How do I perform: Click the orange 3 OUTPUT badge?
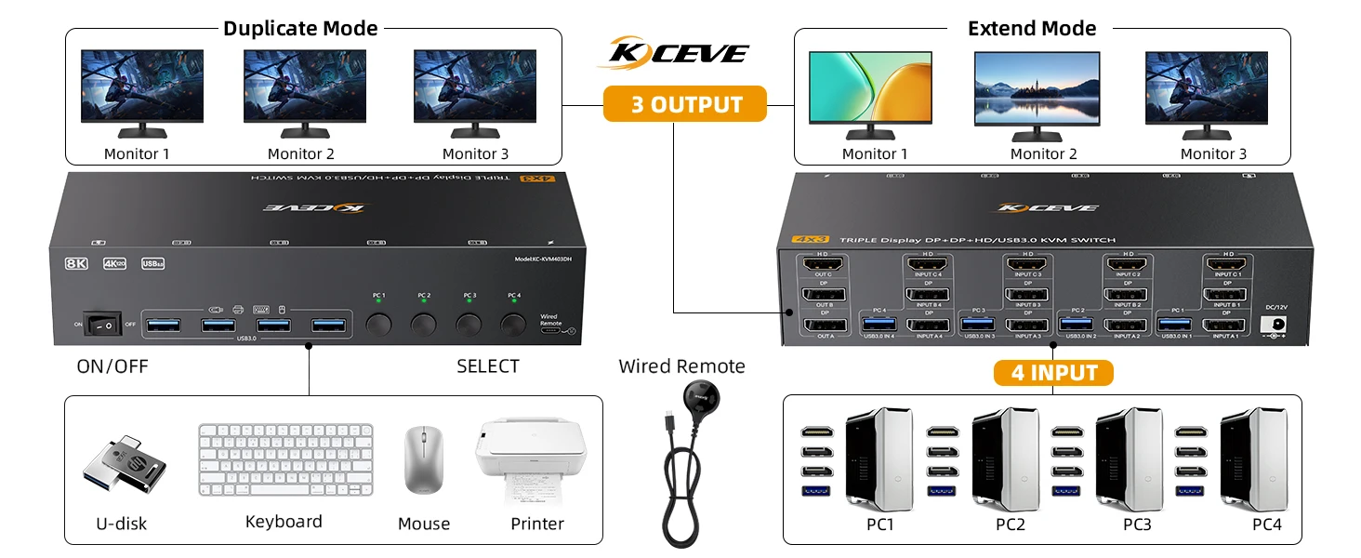point(685,104)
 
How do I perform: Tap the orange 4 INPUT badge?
point(1053,373)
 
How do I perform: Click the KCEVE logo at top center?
point(673,52)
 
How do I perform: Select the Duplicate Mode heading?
point(300,28)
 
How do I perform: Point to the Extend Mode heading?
point(1032,28)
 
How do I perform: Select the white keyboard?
point(285,460)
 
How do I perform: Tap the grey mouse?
point(423,460)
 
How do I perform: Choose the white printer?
point(532,457)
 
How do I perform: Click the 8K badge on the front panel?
point(76,263)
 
